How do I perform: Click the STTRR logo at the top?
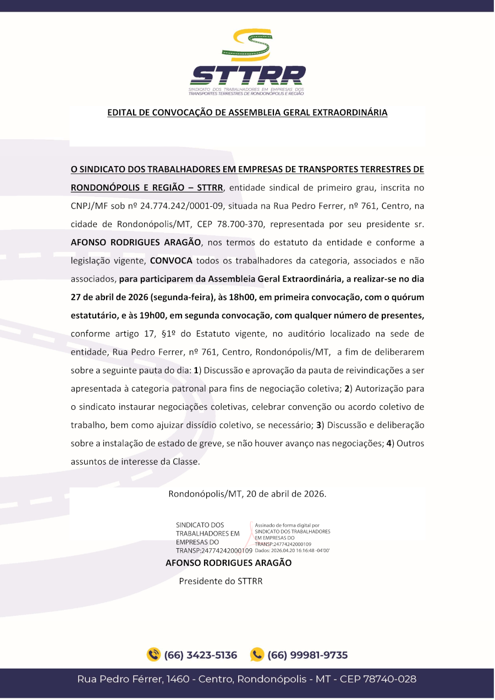click(x=247, y=62)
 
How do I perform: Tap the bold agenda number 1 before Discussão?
click(x=196, y=371)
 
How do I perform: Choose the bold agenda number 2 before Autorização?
click(x=347, y=389)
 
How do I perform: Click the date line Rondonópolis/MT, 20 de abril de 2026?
click(x=247, y=493)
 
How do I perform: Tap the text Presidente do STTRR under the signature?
click(x=221, y=581)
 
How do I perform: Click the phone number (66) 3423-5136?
click(x=201, y=655)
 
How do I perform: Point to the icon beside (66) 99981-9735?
click(x=257, y=655)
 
